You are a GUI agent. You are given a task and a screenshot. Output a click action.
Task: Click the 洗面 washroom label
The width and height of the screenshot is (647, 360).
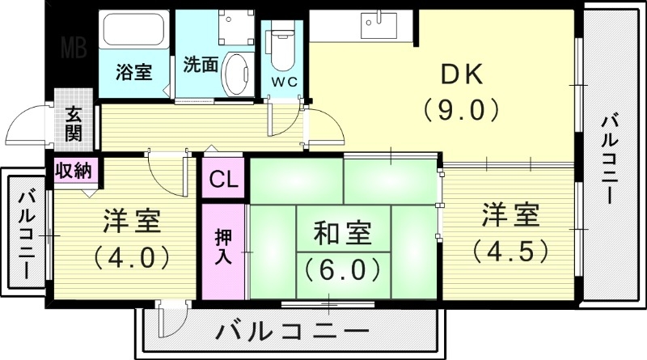point(200,64)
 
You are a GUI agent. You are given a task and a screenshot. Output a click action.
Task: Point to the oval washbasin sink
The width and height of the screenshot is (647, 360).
point(237,74)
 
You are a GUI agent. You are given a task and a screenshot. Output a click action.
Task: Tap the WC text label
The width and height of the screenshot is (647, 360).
point(283,83)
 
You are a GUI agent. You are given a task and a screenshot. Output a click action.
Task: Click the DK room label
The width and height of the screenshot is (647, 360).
point(461,74)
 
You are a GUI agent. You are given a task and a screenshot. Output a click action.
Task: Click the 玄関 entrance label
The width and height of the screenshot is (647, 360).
point(74,124)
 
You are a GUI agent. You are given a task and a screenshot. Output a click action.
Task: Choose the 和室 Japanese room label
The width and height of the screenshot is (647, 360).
point(342,233)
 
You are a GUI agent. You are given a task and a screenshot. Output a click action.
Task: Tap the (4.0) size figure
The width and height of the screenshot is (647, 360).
point(131,257)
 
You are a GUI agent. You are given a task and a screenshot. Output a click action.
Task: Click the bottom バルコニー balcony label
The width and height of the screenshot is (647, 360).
point(293,332)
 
